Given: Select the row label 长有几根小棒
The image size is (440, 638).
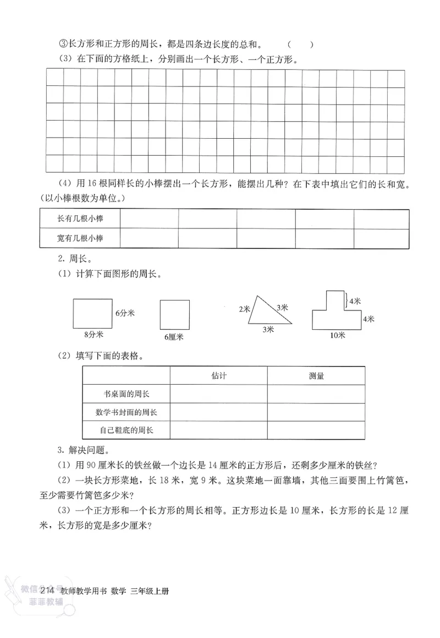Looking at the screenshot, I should click(80, 219).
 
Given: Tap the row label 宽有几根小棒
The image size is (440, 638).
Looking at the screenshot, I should click(80, 238).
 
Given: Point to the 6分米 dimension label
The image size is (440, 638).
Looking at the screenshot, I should click(125, 313).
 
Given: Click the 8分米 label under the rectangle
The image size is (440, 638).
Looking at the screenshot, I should click(94, 334).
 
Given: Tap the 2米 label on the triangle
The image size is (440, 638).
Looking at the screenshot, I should click(244, 309).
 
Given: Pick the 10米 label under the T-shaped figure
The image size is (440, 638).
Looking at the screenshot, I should click(337, 335).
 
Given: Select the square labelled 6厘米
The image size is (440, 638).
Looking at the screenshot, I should click(174, 314).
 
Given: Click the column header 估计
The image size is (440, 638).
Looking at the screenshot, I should click(218, 376).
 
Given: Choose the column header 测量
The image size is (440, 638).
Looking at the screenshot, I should click(316, 376).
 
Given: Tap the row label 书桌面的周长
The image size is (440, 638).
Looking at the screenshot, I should click(127, 394).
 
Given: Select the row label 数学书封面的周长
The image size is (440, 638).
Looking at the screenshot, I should click(127, 412).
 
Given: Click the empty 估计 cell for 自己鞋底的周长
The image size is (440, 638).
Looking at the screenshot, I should click(218, 430).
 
